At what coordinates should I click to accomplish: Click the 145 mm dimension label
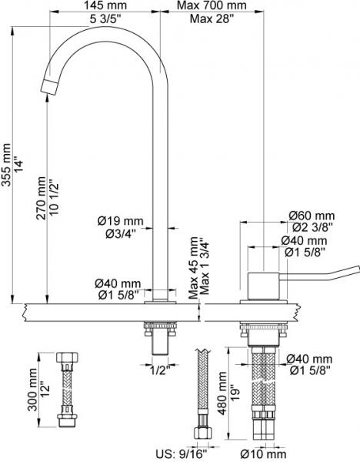pyautogui.click(x=105, y=5)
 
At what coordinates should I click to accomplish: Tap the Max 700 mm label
pyautogui.click(x=212, y=5)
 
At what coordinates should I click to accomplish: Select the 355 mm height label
pyautogui.click(x=6, y=165)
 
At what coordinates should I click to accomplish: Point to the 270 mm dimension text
pyautogui.click(x=41, y=198)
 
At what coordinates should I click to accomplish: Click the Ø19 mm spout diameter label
pyautogui.click(x=121, y=221)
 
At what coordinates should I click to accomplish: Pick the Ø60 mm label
pyautogui.click(x=312, y=216)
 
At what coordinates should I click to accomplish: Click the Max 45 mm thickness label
pyautogui.click(x=193, y=267)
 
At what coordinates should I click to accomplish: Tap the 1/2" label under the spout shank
pyautogui.click(x=161, y=370)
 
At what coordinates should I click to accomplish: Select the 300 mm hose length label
pyautogui.click(x=32, y=390)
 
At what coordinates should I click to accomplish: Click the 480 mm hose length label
pyautogui.click(x=223, y=393)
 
